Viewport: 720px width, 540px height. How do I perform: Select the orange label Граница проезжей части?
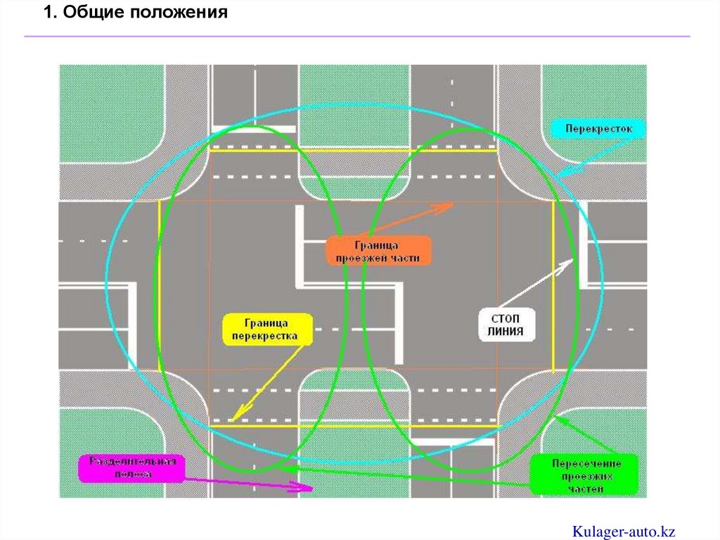point(378,251)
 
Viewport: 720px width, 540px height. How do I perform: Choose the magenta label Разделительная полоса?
point(131,468)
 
